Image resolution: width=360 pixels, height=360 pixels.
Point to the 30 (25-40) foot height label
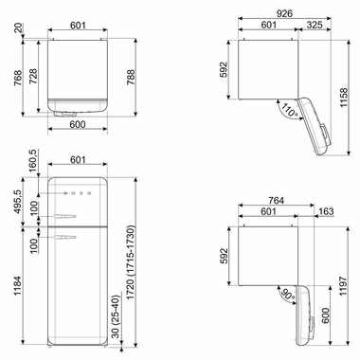[113, 318]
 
